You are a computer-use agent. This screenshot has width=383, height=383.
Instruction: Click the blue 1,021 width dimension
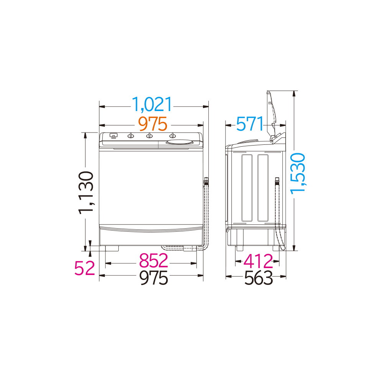click(x=152, y=104)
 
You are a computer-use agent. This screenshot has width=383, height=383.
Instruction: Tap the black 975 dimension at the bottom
click(x=154, y=278)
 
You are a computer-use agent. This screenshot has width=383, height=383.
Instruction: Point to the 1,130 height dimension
click(x=86, y=193)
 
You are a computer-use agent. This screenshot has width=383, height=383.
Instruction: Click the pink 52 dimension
click(x=85, y=268)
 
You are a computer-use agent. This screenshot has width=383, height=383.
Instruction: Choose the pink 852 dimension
click(x=154, y=260)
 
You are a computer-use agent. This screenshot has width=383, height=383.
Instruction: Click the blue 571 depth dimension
click(x=250, y=124)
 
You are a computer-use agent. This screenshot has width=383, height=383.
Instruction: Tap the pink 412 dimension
click(x=259, y=261)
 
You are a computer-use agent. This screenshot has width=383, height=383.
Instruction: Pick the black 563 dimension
click(x=259, y=278)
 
